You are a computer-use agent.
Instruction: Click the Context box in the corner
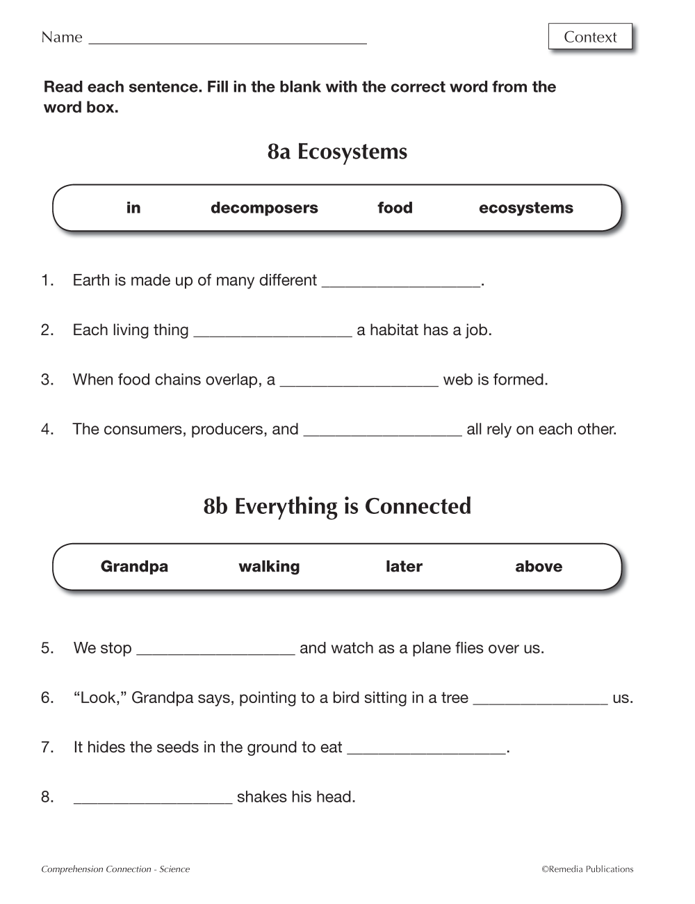(590, 37)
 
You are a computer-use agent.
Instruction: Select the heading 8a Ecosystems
(337, 152)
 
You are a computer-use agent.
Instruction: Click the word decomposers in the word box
(264, 208)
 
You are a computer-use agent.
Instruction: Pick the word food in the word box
(395, 208)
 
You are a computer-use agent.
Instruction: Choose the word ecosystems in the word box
(526, 208)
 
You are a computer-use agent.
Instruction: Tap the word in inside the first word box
(133, 208)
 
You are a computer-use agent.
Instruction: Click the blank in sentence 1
(402, 282)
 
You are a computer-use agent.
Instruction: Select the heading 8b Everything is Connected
(337, 506)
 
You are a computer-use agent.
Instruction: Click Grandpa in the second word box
(134, 567)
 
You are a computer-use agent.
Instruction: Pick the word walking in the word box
(269, 567)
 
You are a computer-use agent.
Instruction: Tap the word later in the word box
(404, 567)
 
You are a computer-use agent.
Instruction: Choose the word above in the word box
(539, 567)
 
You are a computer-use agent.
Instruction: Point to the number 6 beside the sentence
(47, 698)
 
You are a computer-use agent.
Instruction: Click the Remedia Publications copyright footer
(587, 869)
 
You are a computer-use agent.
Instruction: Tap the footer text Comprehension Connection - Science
(115, 869)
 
